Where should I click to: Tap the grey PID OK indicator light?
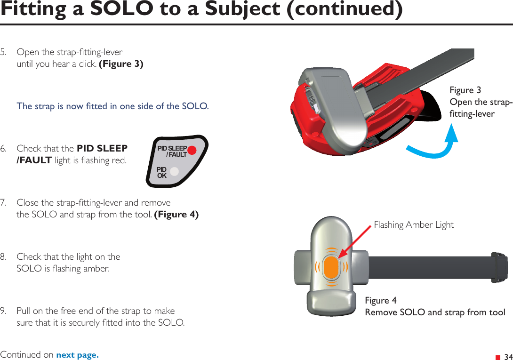175,172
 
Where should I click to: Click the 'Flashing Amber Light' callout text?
413,225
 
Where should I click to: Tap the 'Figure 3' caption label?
465,90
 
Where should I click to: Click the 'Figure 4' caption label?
381,300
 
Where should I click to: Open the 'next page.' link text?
77,355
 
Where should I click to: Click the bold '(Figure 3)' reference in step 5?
121,64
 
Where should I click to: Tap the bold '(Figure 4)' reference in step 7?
176,215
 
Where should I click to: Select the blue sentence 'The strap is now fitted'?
112,106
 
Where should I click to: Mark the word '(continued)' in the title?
345,9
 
